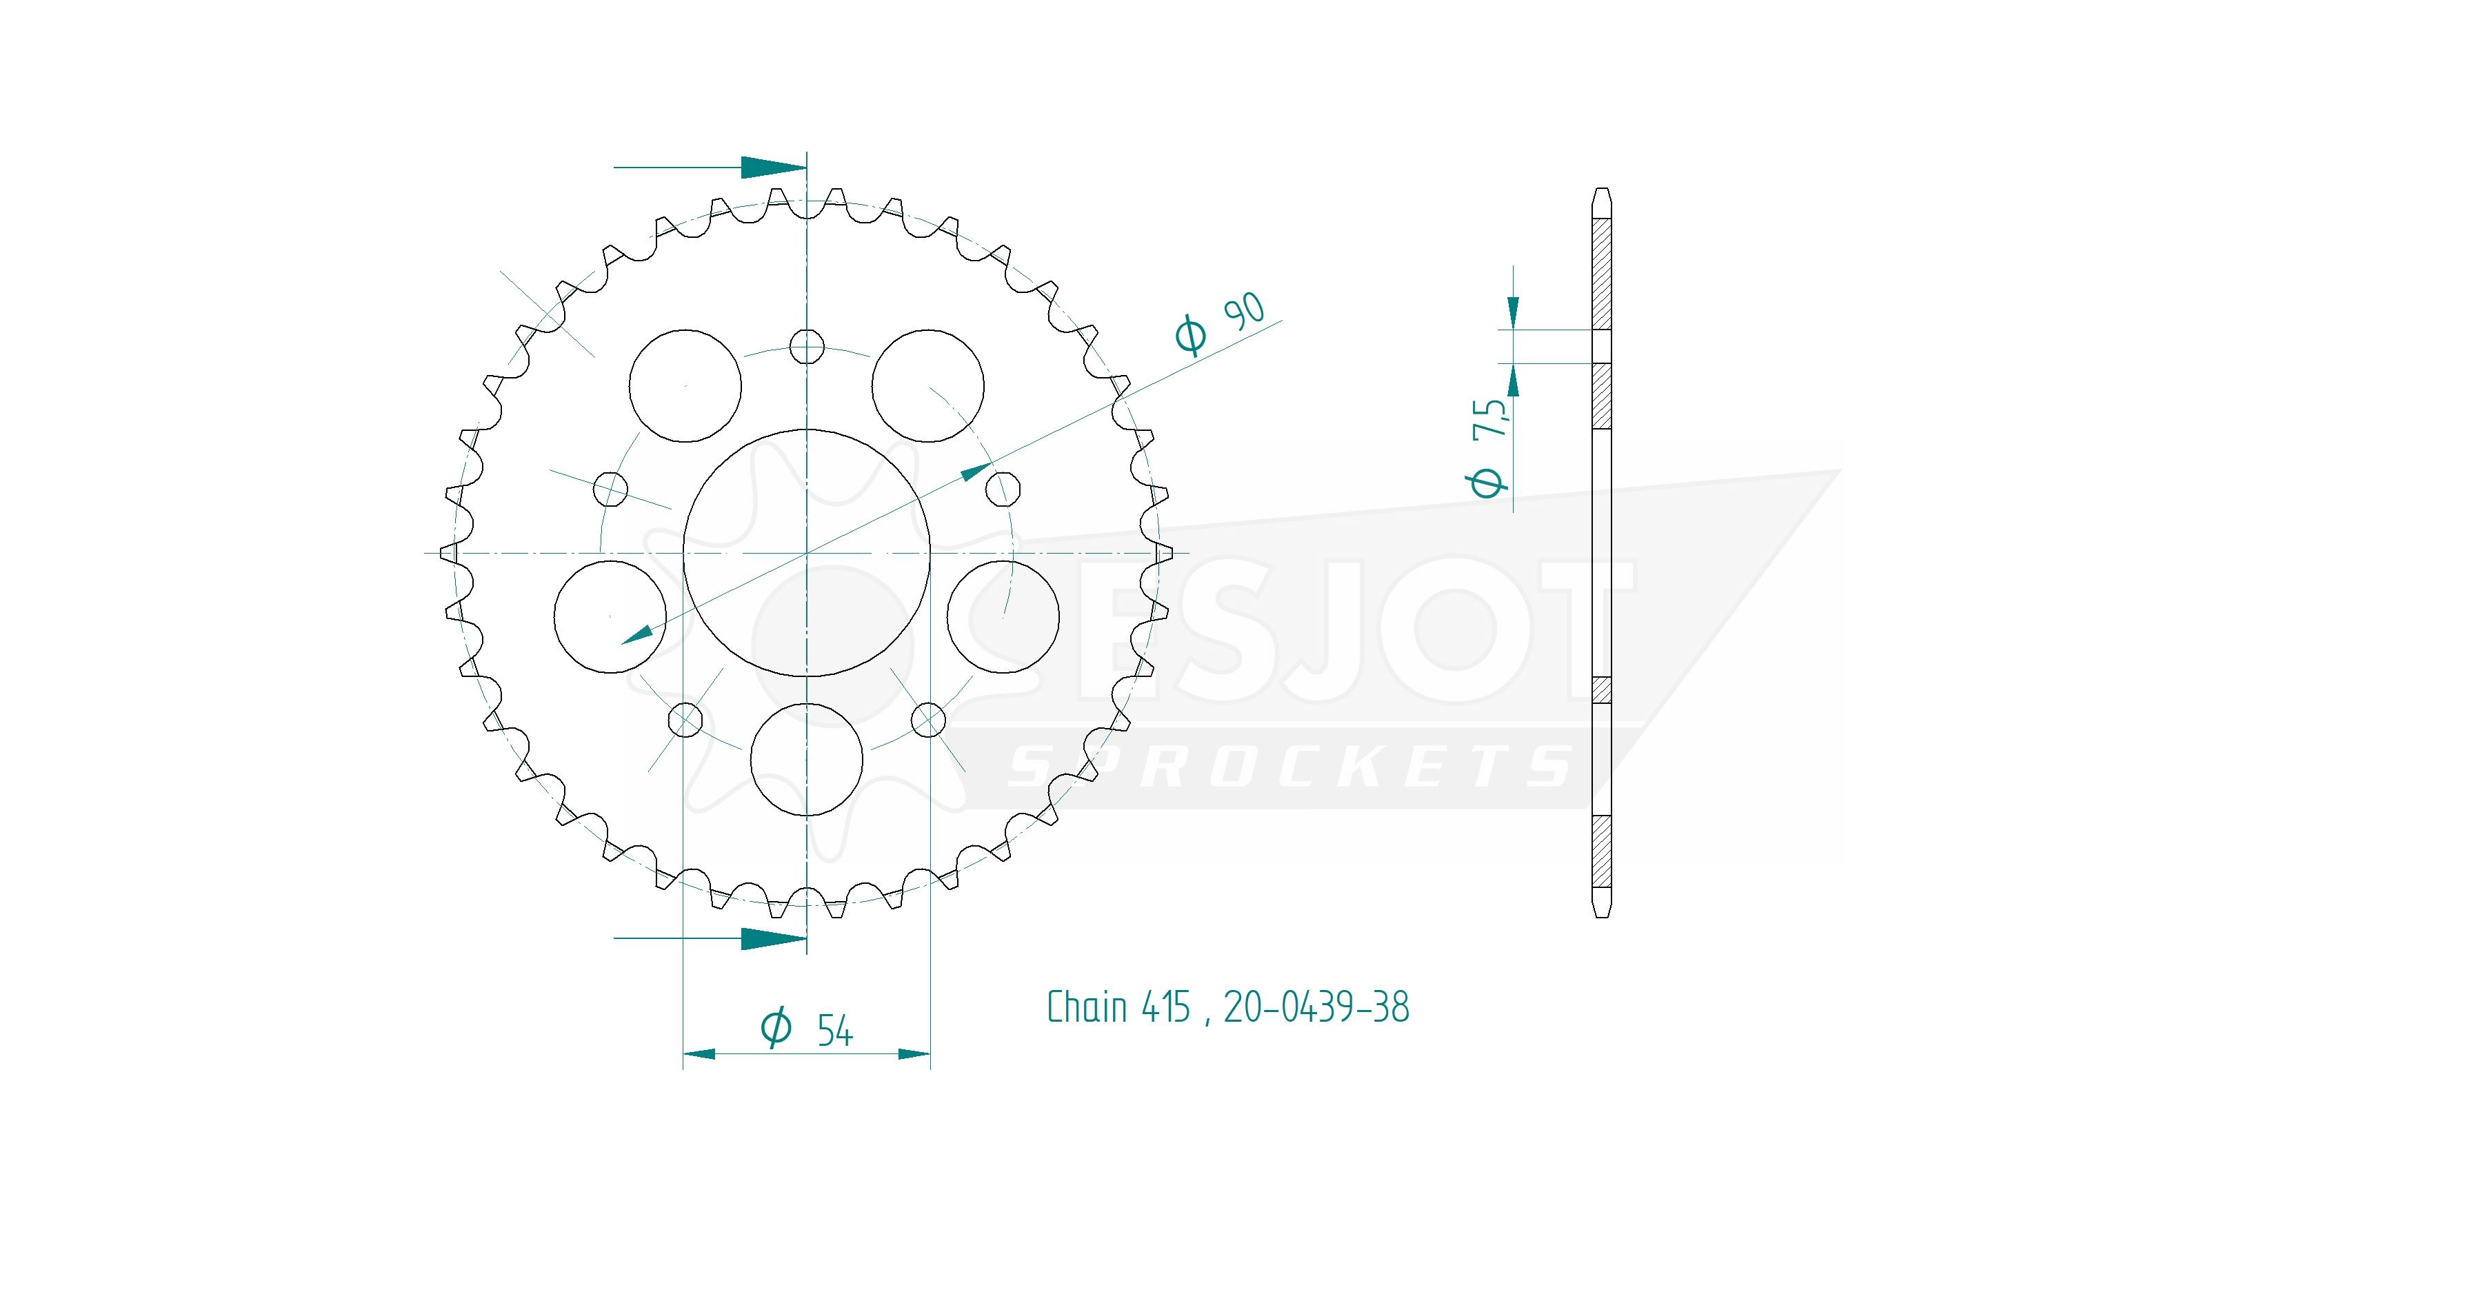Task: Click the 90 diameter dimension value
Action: (x=1244, y=312)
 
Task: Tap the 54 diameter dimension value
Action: (x=834, y=1031)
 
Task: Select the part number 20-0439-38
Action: (x=1316, y=1007)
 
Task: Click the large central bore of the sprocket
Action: (x=806, y=552)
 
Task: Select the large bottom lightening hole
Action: (x=806, y=759)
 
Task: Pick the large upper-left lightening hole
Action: (x=685, y=385)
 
